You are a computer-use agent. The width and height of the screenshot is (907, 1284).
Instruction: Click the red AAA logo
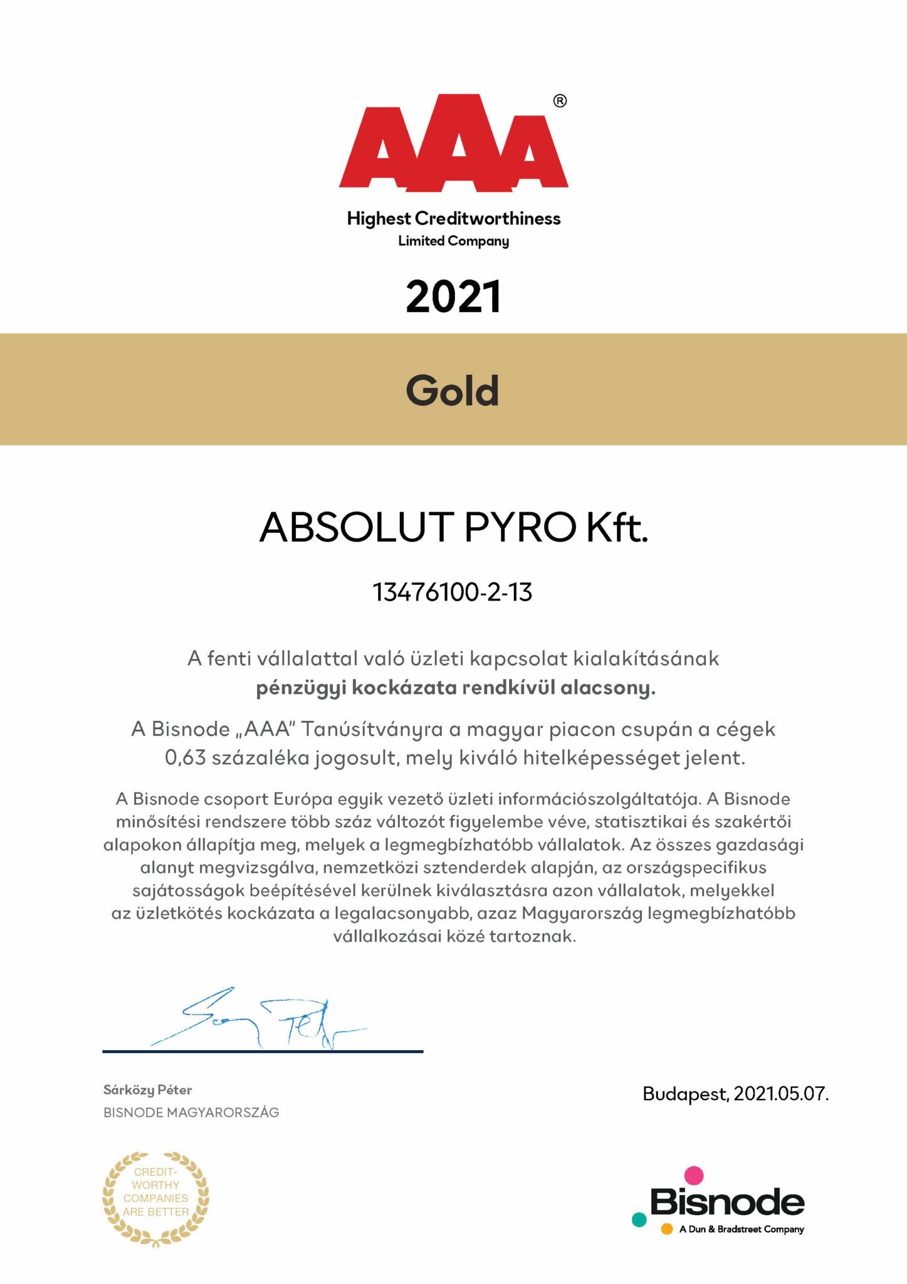click(453, 143)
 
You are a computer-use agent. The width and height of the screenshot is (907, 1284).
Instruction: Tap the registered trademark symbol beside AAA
click(560, 101)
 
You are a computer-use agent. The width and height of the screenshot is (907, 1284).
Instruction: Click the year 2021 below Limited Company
click(453, 297)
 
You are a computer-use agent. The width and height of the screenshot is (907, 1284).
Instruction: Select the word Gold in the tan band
click(453, 391)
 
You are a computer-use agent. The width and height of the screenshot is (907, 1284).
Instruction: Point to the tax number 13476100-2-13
click(453, 592)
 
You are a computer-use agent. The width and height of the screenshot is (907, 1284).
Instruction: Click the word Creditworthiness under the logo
click(488, 218)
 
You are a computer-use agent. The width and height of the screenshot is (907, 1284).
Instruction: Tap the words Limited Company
click(453, 241)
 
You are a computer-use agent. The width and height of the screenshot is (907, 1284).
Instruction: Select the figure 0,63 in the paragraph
click(185, 757)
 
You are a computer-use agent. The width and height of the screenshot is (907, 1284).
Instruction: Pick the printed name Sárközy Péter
click(147, 1090)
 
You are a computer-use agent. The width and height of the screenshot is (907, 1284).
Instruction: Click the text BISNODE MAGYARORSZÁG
click(191, 1113)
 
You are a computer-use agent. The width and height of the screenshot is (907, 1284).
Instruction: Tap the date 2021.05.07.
click(781, 1094)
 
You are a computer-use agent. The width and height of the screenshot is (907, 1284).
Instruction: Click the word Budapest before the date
click(685, 1094)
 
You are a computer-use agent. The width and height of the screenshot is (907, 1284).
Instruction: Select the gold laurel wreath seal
click(155, 1198)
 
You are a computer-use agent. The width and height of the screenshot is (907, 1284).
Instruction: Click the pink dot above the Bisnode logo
click(693, 1175)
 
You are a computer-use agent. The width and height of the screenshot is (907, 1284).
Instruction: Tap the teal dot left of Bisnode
click(639, 1219)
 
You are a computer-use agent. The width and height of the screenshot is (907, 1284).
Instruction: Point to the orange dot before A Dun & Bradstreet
click(667, 1229)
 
